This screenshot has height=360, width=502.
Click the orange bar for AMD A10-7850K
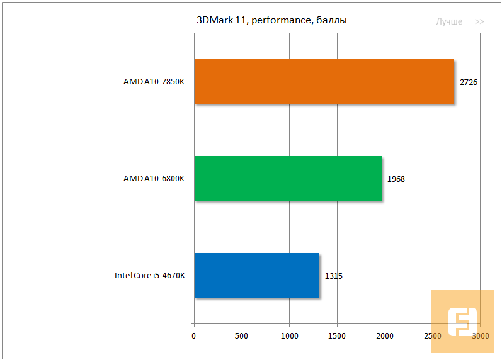pos(324,81)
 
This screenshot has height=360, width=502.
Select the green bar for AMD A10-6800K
pos(288,178)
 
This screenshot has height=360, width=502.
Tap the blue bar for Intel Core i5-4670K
pos(256,275)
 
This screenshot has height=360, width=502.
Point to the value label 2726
pos(469,82)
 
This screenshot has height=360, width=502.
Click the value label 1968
pos(396,179)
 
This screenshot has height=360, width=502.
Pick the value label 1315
pos(334,276)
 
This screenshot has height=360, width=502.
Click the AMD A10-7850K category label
pos(154,82)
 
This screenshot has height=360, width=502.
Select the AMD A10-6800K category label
pos(154,179)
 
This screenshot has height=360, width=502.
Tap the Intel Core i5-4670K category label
pos(149,276)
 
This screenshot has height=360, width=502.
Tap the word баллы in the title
pos(330,20)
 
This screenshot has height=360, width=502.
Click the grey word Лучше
pos(449,21)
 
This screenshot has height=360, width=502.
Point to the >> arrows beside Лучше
pos(480,21)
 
